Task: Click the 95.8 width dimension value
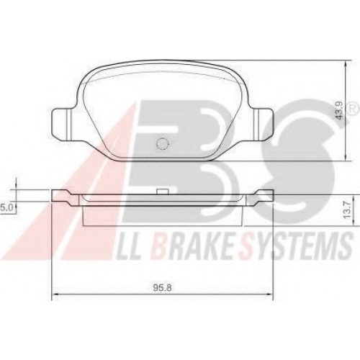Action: [162, 288]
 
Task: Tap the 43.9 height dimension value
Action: [340, 110]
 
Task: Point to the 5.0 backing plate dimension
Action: [6, 207]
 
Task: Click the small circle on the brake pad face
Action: [161, 144]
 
